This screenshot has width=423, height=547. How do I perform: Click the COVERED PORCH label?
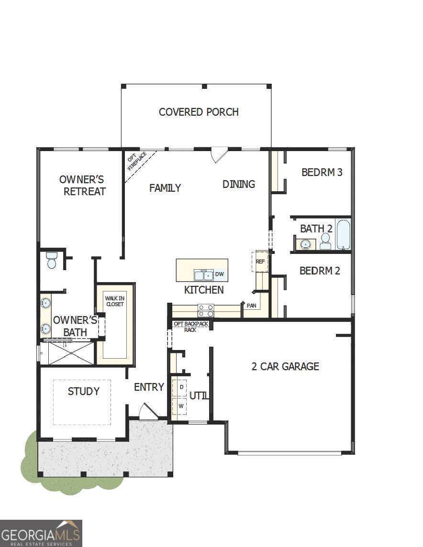[x=199, y=112]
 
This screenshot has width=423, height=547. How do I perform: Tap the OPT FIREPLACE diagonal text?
[x=136, y=162]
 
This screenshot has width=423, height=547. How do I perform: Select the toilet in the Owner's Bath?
[x=52, y=261]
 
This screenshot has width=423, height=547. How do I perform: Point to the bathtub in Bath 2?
[x=343, y=234]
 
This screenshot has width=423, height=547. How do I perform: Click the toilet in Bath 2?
[x=326, y=241]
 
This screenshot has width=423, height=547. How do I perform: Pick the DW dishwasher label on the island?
[x=219, y=274]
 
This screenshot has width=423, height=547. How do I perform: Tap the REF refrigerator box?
[x=260, y=262]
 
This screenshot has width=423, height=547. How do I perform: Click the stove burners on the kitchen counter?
[x=206, y=310]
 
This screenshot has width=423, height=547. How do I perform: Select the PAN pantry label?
[x=251, y=305]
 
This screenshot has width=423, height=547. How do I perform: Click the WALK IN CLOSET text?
[x=114, y=301]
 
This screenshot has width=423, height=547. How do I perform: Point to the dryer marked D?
[x=181, y=386]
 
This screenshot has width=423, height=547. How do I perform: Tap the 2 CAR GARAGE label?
[x=285, y=366]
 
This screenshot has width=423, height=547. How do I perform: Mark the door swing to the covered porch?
[x=219, y=154]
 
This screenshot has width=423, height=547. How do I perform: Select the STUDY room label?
[x=84, y=391]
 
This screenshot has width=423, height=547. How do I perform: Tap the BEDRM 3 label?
[x=322, y=172]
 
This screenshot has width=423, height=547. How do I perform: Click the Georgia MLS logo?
[x=41, y=533]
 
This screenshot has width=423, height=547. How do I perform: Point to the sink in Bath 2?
[x=305, y=244]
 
